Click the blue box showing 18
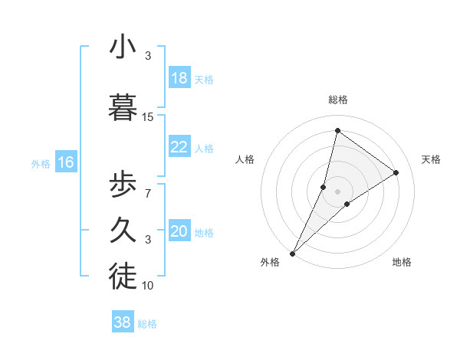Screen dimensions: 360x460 [179, 79]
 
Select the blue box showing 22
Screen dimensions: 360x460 [179, 148]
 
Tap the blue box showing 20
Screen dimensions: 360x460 [179, 232]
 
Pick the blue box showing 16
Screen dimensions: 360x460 [66, 162]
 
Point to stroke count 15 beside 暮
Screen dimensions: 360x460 [148, 117]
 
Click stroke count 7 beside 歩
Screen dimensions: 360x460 [148, 194]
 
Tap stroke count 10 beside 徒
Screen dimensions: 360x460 [148, 286]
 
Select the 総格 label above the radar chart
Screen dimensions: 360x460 [338, 100]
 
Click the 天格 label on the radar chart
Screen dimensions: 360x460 [432, 159]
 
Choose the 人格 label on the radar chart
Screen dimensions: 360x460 [245, 159]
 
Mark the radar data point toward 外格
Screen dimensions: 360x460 [292, 253]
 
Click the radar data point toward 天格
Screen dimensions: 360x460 [396, 172]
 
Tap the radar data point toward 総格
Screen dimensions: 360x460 [337, 130]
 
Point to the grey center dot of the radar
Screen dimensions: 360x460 [337, 191]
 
